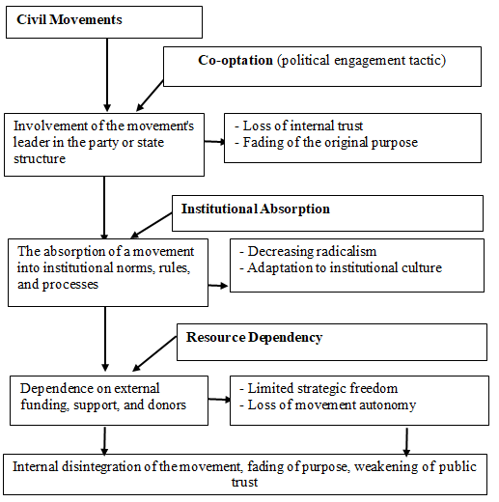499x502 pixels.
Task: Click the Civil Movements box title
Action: tap(69, 19)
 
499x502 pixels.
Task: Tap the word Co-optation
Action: tap(236, 61)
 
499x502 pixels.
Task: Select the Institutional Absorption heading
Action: tap(256, 209)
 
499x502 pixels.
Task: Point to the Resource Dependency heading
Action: tap(254, 338)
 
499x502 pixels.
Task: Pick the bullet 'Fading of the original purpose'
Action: tap(326, 143)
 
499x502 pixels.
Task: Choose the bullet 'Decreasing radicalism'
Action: tap(308, 251)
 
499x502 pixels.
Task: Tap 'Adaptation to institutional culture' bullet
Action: tap(341, 267)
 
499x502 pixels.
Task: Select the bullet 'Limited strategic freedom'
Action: tap(319, 388)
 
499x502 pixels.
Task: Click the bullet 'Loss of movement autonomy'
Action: tap(328, 404)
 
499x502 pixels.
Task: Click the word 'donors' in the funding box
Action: tap(167, 404)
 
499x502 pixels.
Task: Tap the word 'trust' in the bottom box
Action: tap(244, 483)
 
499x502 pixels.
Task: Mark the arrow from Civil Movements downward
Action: tap(107, 75)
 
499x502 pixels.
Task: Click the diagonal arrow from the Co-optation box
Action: tap(150, 96)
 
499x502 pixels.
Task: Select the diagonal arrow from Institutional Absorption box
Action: tap(152, 226)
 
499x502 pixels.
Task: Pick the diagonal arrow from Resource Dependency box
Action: tap(154, 353)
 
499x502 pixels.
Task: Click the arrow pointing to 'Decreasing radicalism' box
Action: tap(218, 286)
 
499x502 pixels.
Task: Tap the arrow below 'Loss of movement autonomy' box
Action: tap(406, 442)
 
